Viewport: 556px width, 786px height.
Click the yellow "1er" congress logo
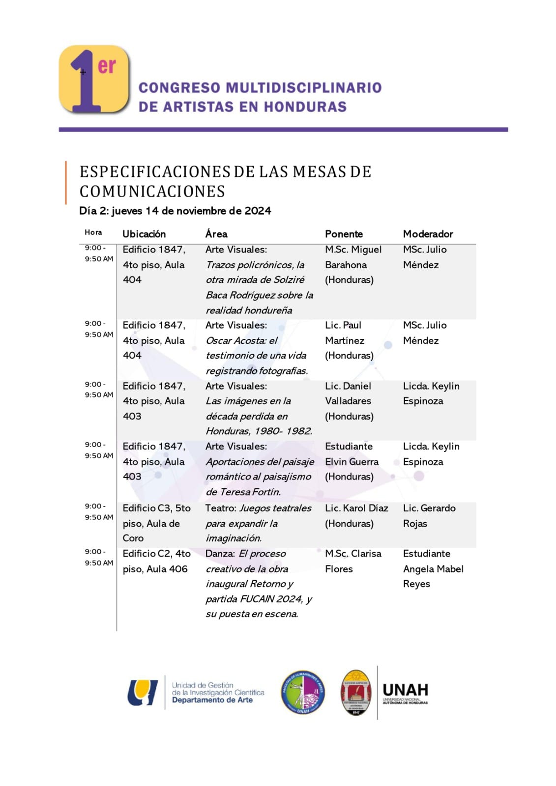pyautogui.click(x=94, y=79)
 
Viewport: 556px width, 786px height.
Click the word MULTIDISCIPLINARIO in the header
pyautogui.click(x=303, y=88)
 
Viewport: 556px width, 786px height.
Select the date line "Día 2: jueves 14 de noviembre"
pyautogui.click(x=175, y=211)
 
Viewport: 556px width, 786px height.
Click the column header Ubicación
pyautogui.click(x=144, y=234)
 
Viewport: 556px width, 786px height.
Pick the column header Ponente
pyautogui.click(x=344, y=234)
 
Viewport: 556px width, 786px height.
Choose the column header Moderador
pyautogui.click(x=428, y=234)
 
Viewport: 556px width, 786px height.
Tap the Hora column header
pyautogui.click(x=93, y=232)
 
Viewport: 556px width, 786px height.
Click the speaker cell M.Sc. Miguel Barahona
pyautogui.click(x=352, y=264)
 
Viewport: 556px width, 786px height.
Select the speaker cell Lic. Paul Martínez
pyautogui.click(x=349, y=340)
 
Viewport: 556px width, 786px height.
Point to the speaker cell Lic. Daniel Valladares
pyautogui.click(x=349, y=401)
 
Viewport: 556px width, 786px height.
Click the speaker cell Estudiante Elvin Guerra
pyautogui.click(x=351, y=461)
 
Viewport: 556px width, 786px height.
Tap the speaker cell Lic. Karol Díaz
pyautogui.click(x=356, y=515)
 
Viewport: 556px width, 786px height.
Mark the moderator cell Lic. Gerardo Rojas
pyautogui.click(x=429, y=515)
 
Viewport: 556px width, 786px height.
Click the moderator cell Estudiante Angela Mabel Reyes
pyautogui.click(x=433, y=568)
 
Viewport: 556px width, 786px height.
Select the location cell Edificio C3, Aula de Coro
pyautogui.click(x=156, y=523)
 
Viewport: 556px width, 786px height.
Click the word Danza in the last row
pyautogui.click(x=219, y=554)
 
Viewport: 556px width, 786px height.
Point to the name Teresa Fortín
pyautogui.click(x=257, y=492)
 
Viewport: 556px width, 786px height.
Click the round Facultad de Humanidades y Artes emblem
pyautogui.click(x=303, y=692)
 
